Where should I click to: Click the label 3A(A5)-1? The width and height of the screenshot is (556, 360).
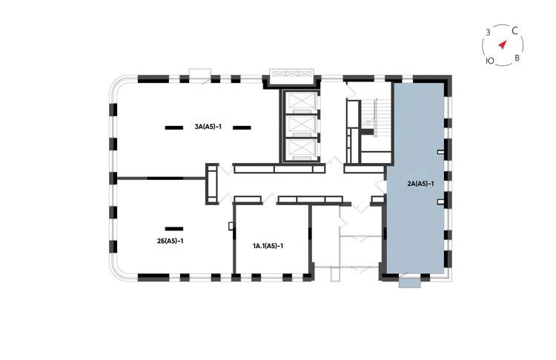(x=208, y=127)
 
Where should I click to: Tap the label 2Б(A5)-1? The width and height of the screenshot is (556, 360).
(x=170, y=241)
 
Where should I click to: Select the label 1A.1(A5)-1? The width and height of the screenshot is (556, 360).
(x=268, y=246)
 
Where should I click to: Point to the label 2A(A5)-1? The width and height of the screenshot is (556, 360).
(x=420, y=184)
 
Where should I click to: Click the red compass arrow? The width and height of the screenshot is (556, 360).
(x=503, y=44)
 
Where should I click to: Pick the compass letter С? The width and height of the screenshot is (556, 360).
(x=515, y=31)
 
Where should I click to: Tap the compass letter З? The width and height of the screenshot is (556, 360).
(x=488, y=33)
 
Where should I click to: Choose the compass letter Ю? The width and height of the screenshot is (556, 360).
(x=490, y=61)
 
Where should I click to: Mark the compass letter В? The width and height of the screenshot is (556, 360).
(x=517, y=58)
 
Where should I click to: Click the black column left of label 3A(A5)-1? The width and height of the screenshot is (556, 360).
(x=174, y=127)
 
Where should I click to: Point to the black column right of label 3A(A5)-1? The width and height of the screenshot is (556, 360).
(x=242, y=127)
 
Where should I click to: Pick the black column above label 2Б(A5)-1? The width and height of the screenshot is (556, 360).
(x=174, y=229)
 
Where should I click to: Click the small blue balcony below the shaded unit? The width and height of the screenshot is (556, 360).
(x=409, y=283)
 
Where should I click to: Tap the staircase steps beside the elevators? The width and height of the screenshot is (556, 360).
(x=371, y=113)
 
